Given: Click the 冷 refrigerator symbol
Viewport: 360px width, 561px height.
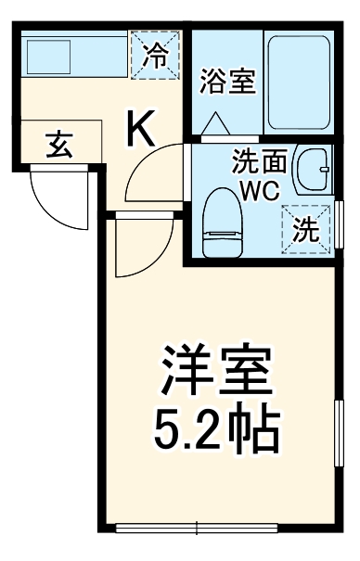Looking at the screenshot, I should point(154,53).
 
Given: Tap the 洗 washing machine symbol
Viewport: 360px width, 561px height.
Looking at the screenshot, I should point(305,227).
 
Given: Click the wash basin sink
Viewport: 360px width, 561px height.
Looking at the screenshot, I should point(314,167).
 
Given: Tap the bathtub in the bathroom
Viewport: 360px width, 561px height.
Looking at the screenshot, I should point(298,81).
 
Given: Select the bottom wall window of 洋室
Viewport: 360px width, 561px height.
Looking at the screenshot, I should point(197,529).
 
